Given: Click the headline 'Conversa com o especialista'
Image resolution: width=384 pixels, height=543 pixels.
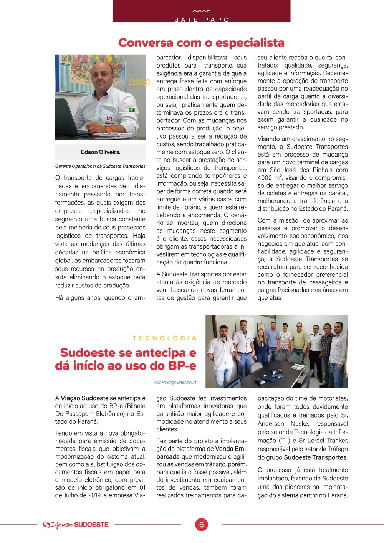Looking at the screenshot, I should [x=201, y=43].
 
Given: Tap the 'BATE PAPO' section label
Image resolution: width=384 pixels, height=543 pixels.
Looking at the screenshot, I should [x=202, y=20].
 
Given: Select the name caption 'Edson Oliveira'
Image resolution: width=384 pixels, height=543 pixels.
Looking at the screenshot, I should [x=100, y=152].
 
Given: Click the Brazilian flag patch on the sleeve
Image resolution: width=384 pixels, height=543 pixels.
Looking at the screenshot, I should [x=132, y=110].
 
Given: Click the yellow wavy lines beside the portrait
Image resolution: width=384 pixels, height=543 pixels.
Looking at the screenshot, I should [x=139, y=82].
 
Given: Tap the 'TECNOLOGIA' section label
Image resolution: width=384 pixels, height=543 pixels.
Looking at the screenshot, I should [x=165, y=338].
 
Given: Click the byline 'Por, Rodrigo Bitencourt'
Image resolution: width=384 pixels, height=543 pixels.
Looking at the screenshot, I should [x=175, y=382].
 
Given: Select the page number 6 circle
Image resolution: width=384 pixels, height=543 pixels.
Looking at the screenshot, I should [x=201, y=525].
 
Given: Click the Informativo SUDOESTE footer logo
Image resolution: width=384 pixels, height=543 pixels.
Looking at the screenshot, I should [x=76, y=525].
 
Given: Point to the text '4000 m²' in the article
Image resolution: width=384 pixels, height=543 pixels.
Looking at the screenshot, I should [x=270, y=178].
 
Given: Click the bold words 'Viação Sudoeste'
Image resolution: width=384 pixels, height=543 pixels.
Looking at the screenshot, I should [x=84, y=398].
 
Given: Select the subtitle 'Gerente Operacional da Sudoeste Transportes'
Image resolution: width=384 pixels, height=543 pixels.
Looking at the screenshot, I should [x=100, y=166].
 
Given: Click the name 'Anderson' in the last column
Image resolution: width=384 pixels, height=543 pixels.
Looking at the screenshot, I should [x=271, y=424].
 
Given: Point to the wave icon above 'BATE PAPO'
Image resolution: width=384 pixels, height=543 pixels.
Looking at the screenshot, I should [x=202, y=11].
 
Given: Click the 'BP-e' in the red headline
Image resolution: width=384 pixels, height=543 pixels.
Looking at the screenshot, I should [x=182, y=366].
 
